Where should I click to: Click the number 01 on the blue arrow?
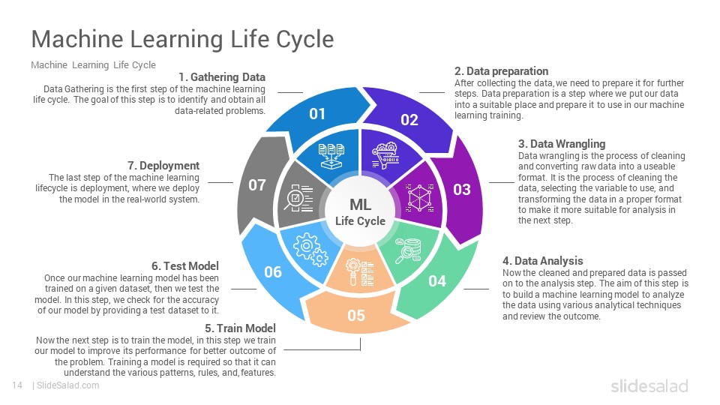tap(317, 113)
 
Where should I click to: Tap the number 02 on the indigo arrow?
tap(409, 120)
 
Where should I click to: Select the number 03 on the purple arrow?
tap(462, 189)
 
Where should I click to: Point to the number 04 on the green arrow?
tap(437, 280)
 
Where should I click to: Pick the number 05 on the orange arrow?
tap(355, 316)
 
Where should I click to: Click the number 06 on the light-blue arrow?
tap(273, 271)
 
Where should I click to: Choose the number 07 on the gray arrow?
tap(257, 185)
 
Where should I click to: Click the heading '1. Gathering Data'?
tap(222, 77)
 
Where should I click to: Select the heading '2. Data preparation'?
tap(502, 71)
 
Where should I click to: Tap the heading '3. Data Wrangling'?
tap(562, 144)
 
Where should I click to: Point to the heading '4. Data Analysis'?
tap(543, 261)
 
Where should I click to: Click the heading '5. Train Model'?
tap(240, 328)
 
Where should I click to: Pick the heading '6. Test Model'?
tap(185, 265)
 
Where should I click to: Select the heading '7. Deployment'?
tap(163, 166)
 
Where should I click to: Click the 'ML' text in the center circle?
tap(361, 205)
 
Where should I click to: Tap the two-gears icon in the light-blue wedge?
tap(310, 249)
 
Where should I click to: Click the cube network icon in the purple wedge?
tap(420, 198)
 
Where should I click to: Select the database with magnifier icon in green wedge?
tap(408, 251)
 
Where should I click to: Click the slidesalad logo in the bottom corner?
tap(649, 385)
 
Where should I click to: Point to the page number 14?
tap(17, 385)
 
